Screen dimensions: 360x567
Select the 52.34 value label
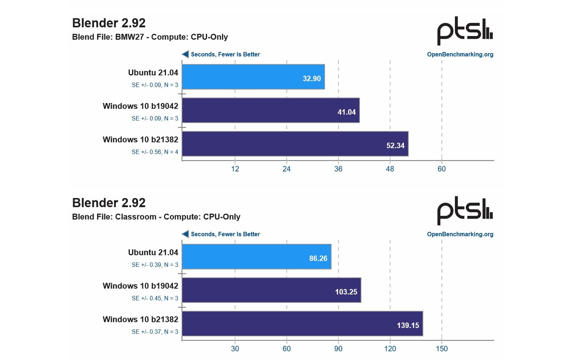(x=395, y=145)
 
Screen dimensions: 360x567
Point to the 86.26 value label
(x=318, y=258)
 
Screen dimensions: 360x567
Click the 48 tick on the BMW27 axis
(x=390, y=169)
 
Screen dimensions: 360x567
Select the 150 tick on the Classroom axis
(x=442, y=348)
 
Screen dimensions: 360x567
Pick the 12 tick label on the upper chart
(x=235, y=169)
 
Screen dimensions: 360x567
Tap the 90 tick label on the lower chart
(x=338, y=348)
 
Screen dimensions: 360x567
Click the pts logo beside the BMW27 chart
(x=465, y=32)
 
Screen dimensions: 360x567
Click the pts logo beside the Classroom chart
(x=465, y=211)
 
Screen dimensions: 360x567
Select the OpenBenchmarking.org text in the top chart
(x=460, y=54)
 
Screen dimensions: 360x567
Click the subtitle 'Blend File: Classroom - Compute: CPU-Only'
(x=156, y=217)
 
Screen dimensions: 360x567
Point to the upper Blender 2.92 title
(x=109, y=23)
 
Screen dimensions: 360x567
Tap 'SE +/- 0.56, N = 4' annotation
(x=155, y=152)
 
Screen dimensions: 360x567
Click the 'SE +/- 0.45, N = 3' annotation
(x=155, y=298)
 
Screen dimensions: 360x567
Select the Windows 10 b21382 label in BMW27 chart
(x=140, y=140)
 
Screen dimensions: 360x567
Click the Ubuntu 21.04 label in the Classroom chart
(x=153, y=252)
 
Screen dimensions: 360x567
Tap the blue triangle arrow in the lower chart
(x=185, y=234)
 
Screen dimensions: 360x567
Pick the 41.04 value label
(x=346, y=112)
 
